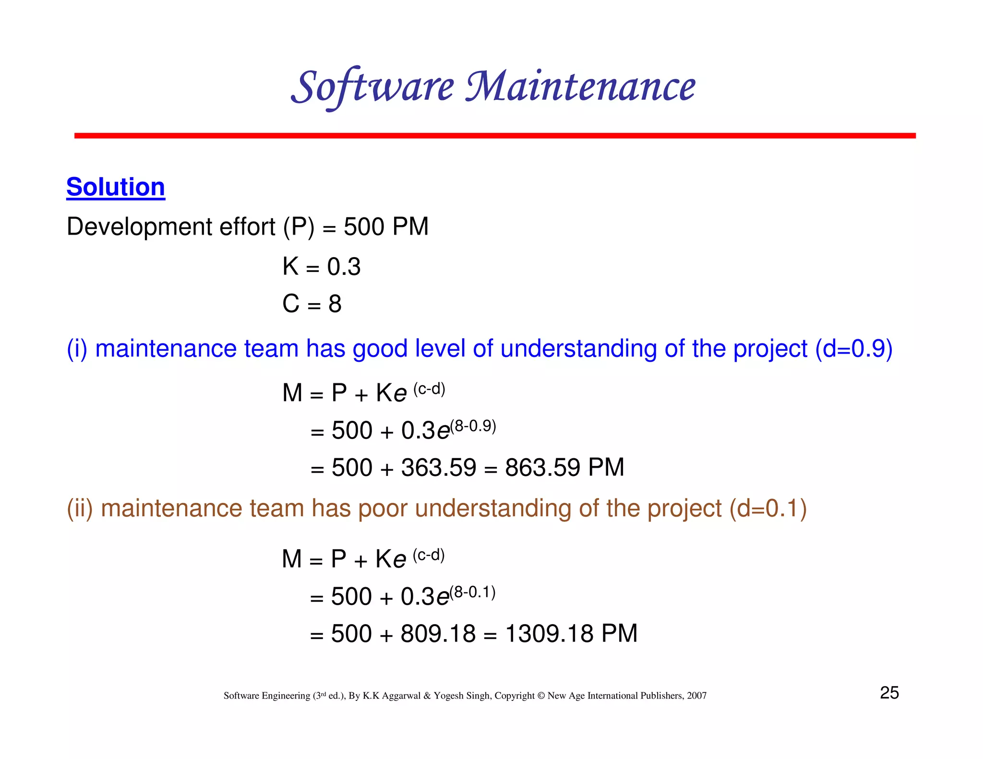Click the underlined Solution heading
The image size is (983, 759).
116,187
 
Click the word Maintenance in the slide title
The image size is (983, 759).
580,87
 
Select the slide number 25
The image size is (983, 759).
889,693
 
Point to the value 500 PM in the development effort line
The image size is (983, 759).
386,226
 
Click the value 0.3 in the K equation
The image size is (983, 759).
344,267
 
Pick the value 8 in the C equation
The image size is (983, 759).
335,304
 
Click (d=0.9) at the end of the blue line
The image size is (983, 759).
854,349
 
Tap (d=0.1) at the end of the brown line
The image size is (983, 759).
768,509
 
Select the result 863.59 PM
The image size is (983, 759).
564,467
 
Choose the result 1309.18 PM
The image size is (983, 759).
571,633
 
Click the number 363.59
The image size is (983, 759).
439,467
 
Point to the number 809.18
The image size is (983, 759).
438,633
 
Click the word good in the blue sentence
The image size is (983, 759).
380,349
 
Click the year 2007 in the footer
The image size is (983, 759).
696,696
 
